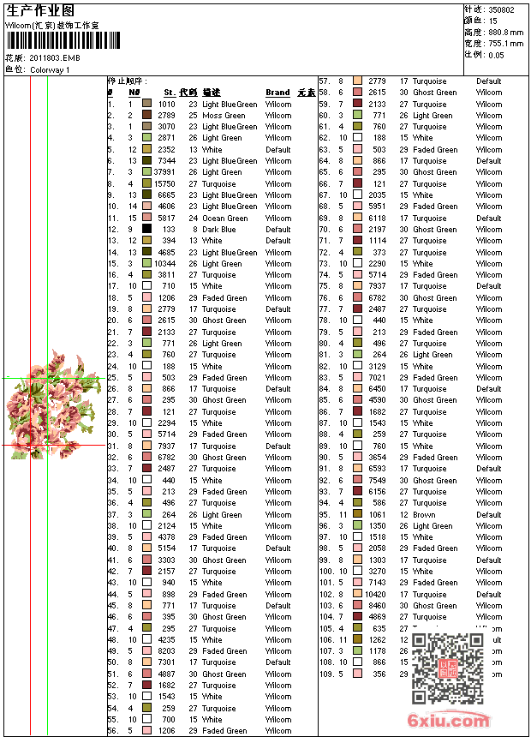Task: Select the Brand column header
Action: [277, 93]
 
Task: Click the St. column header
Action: [170, 93]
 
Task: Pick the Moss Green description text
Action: [224, 116]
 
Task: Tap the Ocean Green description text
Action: [224, 219]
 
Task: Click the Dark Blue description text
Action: [218, 230]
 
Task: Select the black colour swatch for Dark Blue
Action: [147, 230]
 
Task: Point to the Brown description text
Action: [424, 515]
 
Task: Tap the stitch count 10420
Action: [375, 595]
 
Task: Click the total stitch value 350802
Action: [501, 9]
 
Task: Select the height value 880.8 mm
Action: [505, 32]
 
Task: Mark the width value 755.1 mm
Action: [505, 43]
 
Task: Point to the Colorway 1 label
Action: [50, 69]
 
